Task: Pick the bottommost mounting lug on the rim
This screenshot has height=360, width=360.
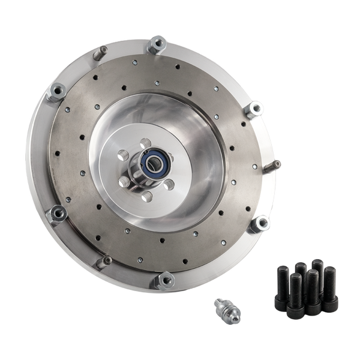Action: click(165, 280)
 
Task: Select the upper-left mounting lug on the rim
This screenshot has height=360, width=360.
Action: click(57, 91)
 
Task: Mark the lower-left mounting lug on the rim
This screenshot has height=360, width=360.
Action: click(58, 213)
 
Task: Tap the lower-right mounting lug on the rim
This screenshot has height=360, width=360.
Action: click(259, 224)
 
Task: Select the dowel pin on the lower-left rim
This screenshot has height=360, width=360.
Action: click(105, 262)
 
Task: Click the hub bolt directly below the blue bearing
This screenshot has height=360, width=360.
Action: click(146, 195)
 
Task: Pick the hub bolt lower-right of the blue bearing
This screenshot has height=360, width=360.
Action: click(169, 184)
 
